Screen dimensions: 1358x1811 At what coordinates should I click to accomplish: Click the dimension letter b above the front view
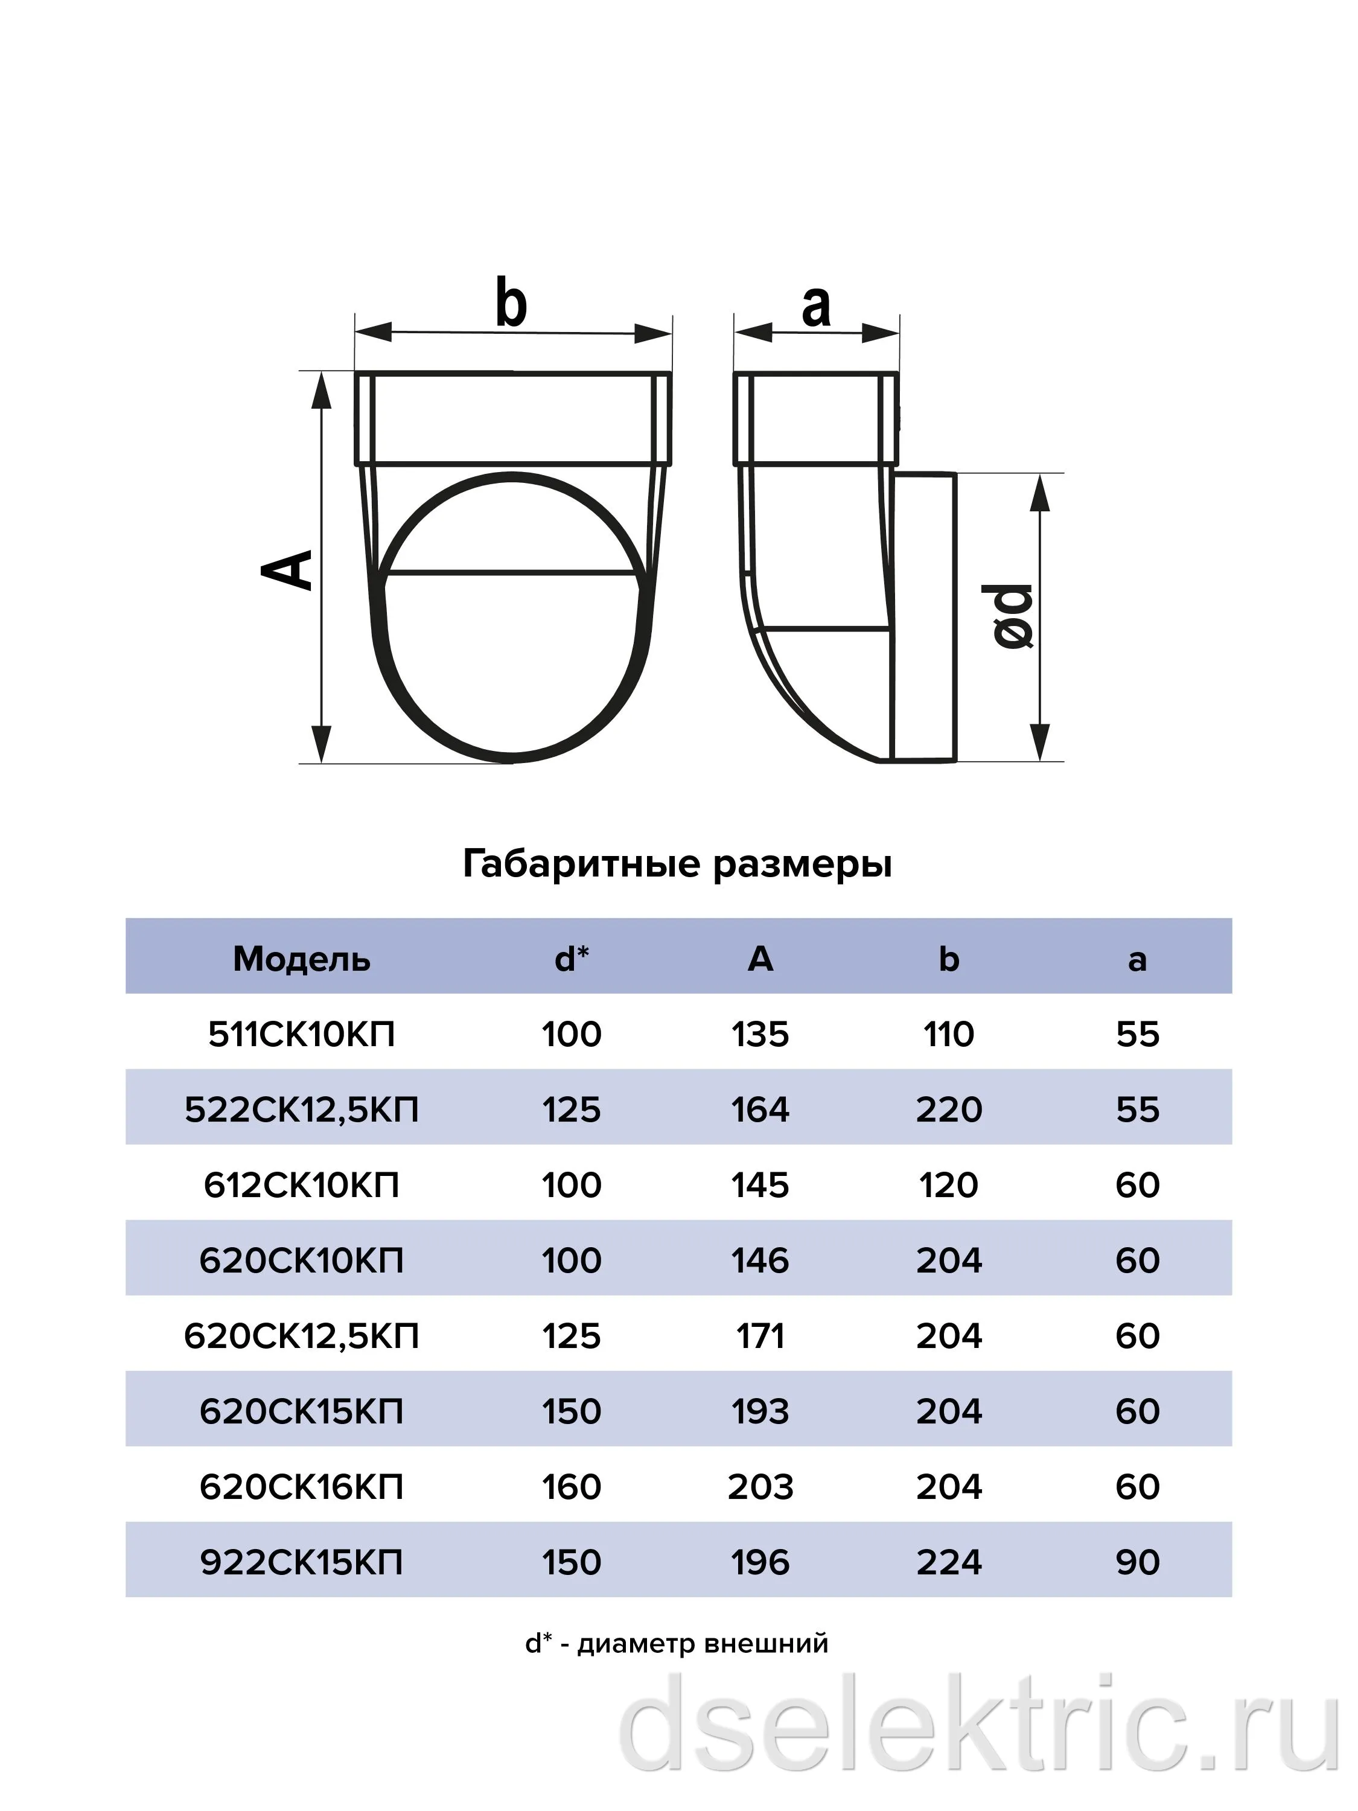(512, 304)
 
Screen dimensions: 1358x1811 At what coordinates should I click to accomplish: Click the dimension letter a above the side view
(816, 308)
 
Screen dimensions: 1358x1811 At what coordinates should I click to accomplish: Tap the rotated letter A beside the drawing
(287, 569)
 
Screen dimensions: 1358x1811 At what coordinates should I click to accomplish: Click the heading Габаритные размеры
(677, 864)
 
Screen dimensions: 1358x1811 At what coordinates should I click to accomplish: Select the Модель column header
(301, 959)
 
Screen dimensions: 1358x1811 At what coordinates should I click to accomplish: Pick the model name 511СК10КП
(301, 1034)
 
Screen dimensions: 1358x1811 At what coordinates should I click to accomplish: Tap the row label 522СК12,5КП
(301, 1110)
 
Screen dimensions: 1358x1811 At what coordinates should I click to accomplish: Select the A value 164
(760, 1110)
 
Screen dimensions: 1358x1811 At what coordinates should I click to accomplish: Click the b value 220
(949, 1110)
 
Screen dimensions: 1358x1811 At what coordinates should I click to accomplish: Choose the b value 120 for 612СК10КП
(949, 1184)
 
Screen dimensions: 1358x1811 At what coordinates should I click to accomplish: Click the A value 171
(760, 1336)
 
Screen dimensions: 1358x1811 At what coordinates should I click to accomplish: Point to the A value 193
(760, 1411)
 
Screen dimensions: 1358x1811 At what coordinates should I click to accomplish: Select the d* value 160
(572, 1487)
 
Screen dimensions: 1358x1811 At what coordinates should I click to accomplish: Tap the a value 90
(1138, 1562)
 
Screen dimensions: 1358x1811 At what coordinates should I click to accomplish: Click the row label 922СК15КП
(301, 1562)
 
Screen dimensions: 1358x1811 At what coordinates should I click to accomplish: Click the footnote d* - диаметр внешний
(677, 1643)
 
